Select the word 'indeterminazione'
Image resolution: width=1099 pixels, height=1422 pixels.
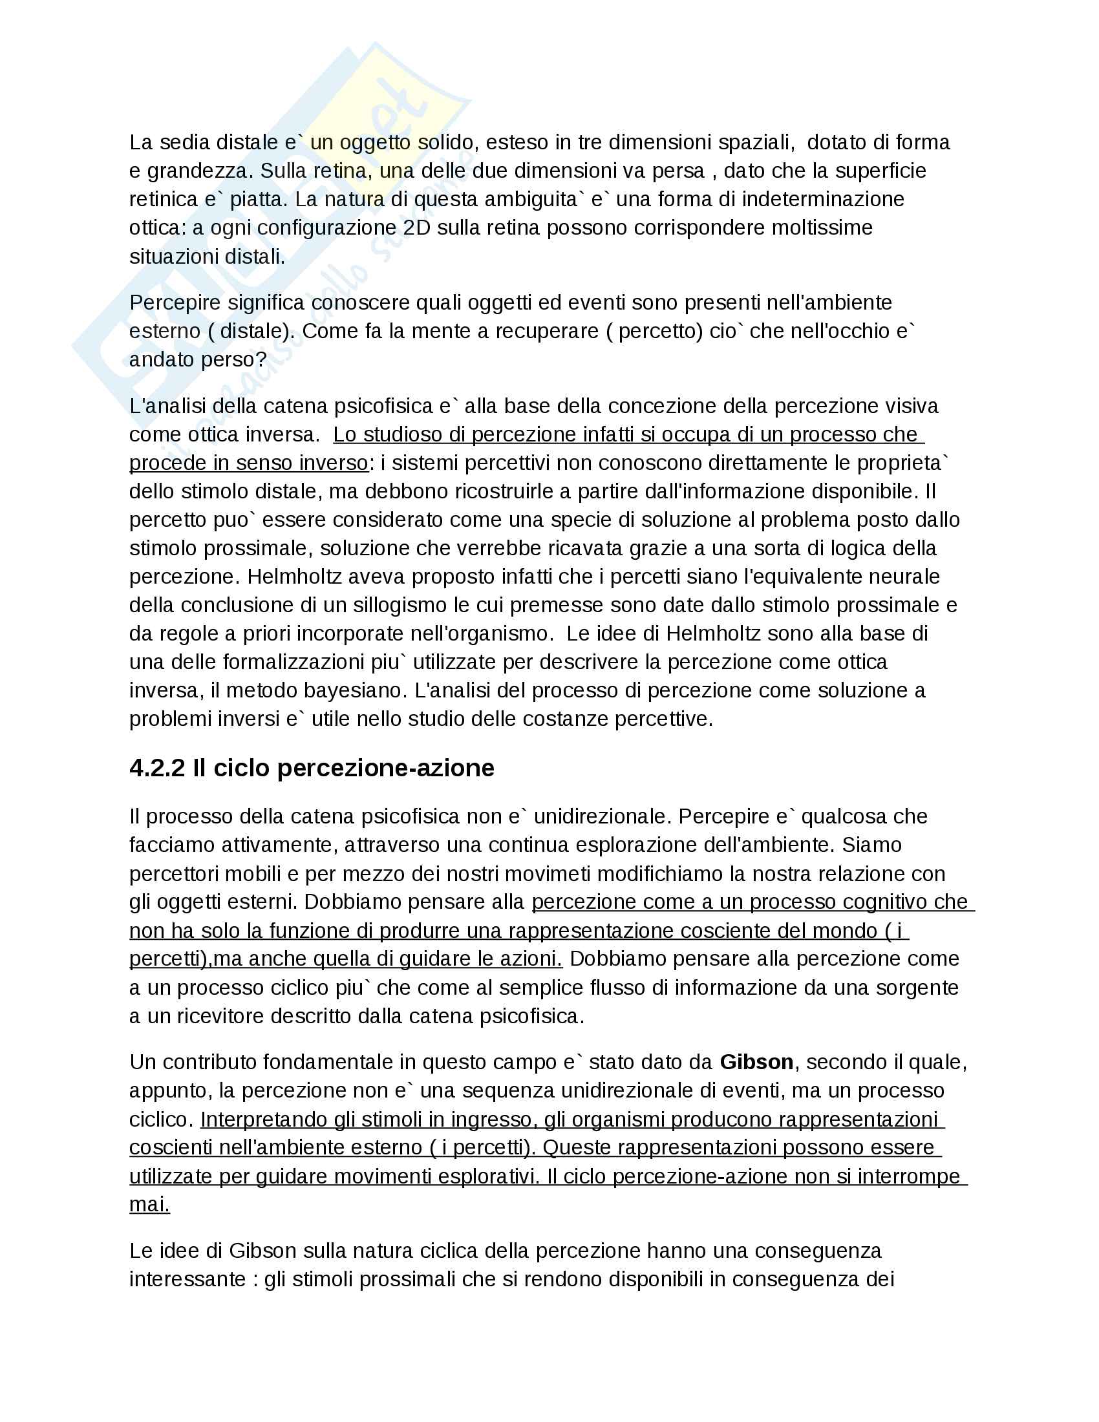[823, 199]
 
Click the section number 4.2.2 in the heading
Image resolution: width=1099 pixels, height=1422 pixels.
[158, 769]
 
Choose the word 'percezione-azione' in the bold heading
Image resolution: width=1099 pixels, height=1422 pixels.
[385, 769]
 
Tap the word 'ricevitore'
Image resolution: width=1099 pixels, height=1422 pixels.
[218, 1015]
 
